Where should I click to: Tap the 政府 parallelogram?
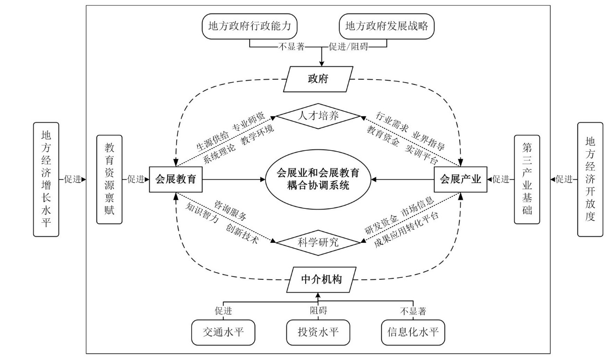click(318, 79)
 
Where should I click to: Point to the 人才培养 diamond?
click(318, 116)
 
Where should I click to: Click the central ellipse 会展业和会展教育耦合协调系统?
click(318, 180)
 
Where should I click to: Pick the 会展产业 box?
click(460, 180)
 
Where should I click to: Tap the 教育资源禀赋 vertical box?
click(110, 180)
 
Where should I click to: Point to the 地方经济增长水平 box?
click(46, 180)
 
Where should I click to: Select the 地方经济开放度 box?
click(590, 180)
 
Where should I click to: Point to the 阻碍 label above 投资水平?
click(318, 311)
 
